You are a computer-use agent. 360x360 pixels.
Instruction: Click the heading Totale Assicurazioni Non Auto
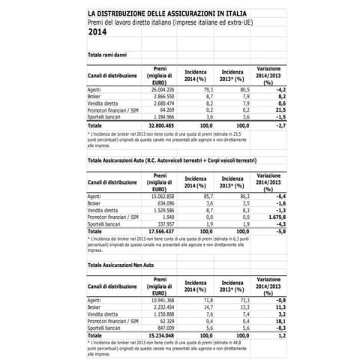coord(124,267)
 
